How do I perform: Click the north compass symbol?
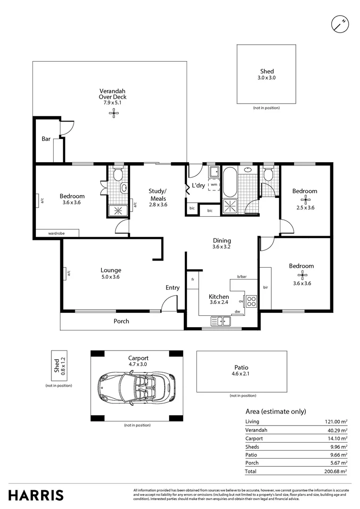340,25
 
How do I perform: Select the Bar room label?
46,139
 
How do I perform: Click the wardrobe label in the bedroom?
57,233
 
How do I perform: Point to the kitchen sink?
221,321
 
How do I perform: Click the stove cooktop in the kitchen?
251,301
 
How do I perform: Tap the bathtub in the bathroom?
229,182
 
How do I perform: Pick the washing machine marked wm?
214,184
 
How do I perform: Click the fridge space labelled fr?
193,279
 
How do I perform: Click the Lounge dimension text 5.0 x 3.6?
110,277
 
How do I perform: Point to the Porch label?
122,321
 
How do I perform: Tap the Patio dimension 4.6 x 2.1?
240,374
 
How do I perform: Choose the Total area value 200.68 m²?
335,471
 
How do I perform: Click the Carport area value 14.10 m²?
336,439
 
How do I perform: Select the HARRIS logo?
36,495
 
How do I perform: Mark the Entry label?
172,287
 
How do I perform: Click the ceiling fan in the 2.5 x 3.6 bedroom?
304,200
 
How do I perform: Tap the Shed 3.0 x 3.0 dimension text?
267,78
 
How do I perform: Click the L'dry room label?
198,186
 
